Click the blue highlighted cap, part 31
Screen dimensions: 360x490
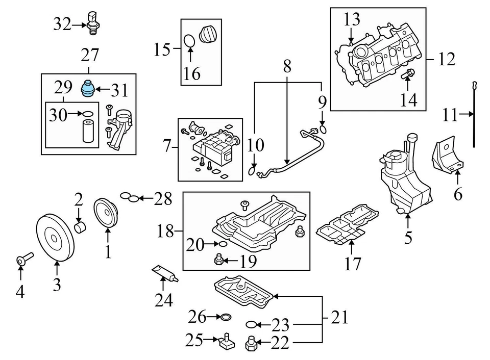click(88, 89)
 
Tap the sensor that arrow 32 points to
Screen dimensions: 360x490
click(92, 21)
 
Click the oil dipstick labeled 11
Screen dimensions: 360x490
click(475, 115)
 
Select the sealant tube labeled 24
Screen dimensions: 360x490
click(164, 273)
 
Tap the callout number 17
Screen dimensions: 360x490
click(353, 264)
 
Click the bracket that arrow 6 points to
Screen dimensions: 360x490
click(448, 153)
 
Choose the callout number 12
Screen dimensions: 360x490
click(446, 60)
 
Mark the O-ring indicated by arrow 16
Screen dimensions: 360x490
click(189, 40)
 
